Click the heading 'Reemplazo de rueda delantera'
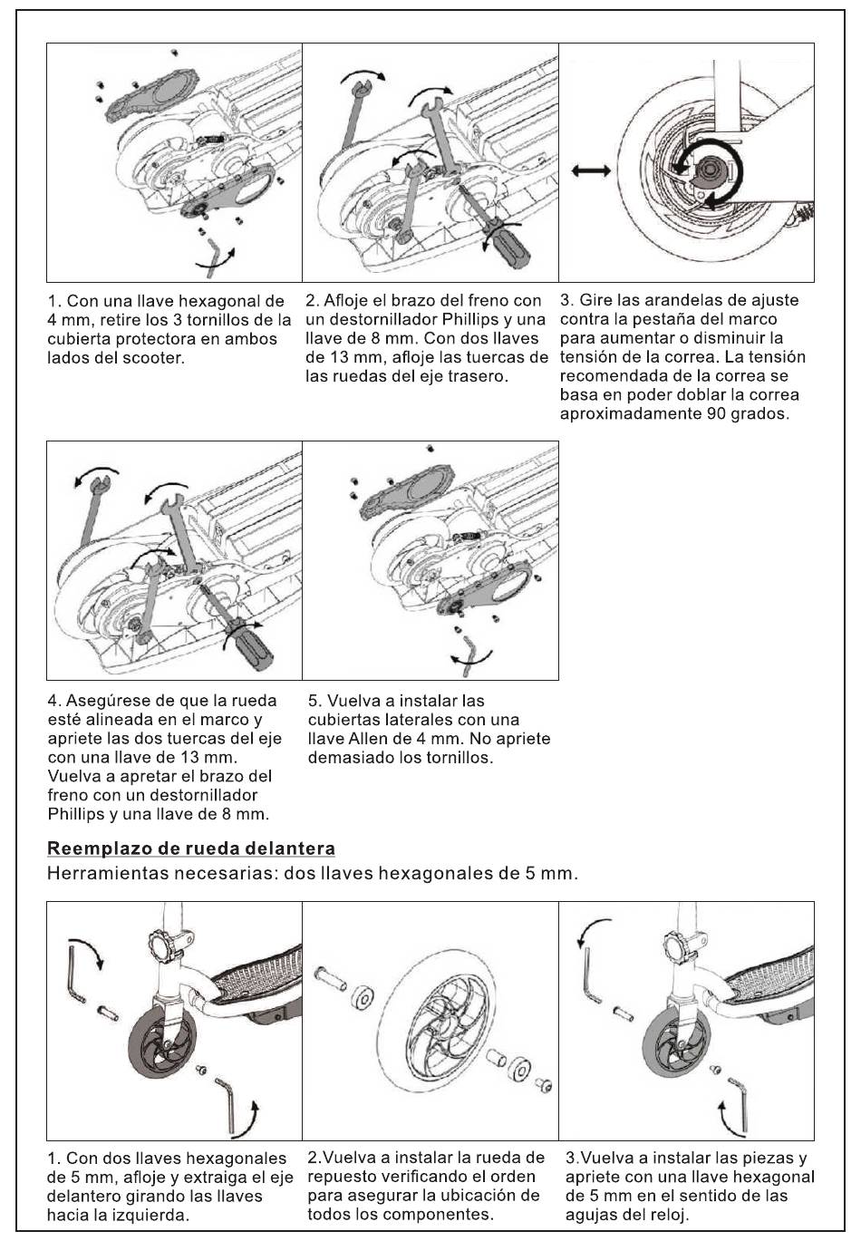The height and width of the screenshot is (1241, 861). point(191,849)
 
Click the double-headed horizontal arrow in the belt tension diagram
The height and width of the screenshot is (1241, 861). point(591,171)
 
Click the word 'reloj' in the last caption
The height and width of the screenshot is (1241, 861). point(670,1215)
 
